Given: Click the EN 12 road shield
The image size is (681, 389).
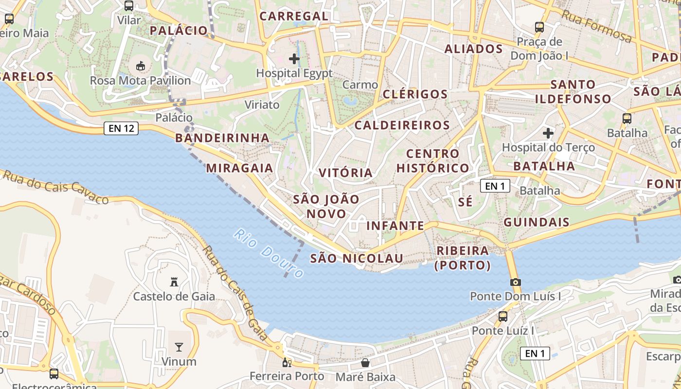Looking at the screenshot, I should pyautogui.click(x=121, y=129).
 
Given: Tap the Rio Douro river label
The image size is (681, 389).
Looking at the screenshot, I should pyautogui.click(x=269, y=253).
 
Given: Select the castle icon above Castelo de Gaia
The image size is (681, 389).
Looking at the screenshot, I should pyautogui.click(x=174, y=282).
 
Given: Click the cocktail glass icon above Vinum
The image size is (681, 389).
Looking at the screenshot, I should pyautogui.click(x=179, y=347).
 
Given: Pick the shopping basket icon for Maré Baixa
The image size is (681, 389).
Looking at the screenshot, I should pyautogui.click(x=365, y=363).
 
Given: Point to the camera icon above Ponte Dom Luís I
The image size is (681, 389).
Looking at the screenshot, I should pyautogui.click(x=515, y=282).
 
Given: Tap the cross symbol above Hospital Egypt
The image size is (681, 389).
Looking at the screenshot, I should pyautogui.click(x=294, y=59).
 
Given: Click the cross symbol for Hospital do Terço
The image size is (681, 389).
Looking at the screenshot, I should pyautogui.click(x=548, y=133).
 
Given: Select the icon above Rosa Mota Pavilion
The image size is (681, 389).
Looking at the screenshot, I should pyautogui.click(x=141, y=66).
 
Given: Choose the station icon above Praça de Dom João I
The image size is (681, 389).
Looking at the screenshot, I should pyautogui.click(x=539, y=27).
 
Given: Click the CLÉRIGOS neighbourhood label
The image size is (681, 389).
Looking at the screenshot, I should pyautogui.click(x=415, y=94).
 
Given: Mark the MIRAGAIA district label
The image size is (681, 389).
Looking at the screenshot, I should pyautogui.click(x=239, y=168).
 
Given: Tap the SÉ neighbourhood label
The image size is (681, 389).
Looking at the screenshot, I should pyautogui.click(x=466, y=202).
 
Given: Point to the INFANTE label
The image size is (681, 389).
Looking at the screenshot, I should pyautogui.click(x=395, y=226).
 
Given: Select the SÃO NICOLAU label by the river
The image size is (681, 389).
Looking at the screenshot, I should pyautogui.click(x=357, y=258).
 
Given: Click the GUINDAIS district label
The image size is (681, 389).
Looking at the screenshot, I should pyautogui.click(x=537, y=222).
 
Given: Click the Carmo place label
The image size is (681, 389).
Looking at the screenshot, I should pyautogui.click(x=360, y=85).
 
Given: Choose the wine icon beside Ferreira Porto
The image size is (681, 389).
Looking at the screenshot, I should pyautogui.click(x=287, y=362).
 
